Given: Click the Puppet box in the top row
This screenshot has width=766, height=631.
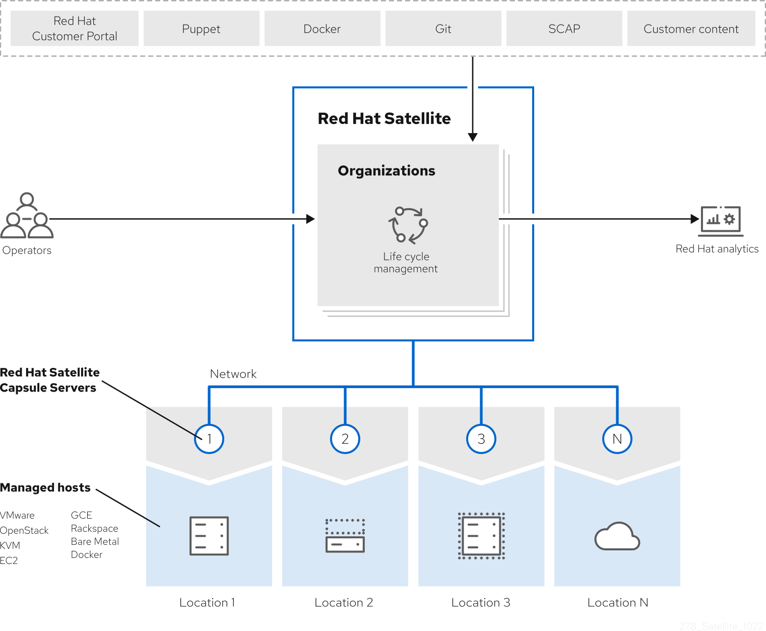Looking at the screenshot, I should (x=201, y=29).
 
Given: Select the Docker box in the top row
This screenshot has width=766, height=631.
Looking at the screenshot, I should (x=322, y=29).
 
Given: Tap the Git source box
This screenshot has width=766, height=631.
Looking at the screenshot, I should (x=443, y=29).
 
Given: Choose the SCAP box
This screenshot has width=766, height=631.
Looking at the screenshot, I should (x=564, y=29).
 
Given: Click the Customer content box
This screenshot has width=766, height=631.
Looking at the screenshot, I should (x=691, y=29).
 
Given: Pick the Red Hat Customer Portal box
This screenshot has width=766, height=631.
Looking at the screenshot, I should (x=75, y=29).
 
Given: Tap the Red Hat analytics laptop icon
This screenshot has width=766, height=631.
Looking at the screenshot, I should (x=721, y=221).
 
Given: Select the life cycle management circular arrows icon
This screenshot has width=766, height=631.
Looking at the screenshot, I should (x=408, y=224).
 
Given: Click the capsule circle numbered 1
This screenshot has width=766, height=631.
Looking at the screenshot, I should (x=209, y=439).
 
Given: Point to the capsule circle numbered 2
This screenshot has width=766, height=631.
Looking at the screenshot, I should (x=345, y=439).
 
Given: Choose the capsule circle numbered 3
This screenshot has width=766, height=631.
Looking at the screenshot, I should (x=481, y=439).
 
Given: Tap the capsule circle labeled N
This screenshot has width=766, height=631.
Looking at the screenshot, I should (x=617, y=439).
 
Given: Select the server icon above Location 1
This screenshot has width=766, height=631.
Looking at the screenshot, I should (x=209, y=536).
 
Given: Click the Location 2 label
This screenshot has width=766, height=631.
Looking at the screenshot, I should (x=344, y=603).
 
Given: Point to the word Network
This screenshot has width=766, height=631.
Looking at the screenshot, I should (x=233, y=374).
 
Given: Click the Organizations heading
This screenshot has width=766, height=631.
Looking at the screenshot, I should (x=387, y=171).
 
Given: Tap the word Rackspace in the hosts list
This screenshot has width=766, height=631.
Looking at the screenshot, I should (x=95, y=529).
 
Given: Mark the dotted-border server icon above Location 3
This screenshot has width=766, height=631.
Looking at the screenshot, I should (x=481, y=536).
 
